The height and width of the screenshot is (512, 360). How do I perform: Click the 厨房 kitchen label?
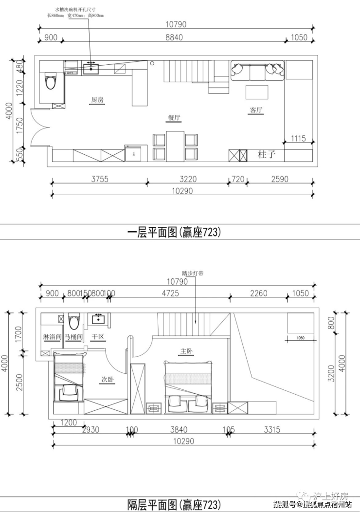pos(97,100)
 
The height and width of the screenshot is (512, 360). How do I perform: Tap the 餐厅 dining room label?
pos(175,117)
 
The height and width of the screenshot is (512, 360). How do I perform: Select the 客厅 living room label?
pos(256,110)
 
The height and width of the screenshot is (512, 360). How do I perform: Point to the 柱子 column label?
pos(267,155)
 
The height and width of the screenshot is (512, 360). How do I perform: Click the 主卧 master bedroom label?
pos(187,351)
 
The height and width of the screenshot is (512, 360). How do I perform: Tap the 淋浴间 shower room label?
pos(52,337)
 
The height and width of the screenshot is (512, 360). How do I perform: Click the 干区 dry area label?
pos(98,337)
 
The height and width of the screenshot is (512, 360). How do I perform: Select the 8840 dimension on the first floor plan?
pos(174,38)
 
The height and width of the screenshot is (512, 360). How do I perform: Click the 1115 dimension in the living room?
pos(298,139)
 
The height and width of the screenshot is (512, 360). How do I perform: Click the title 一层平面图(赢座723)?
pos(174,232)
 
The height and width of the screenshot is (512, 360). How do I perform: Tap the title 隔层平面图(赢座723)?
pos(174,504)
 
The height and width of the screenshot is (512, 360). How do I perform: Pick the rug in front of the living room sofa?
pos(256,92)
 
